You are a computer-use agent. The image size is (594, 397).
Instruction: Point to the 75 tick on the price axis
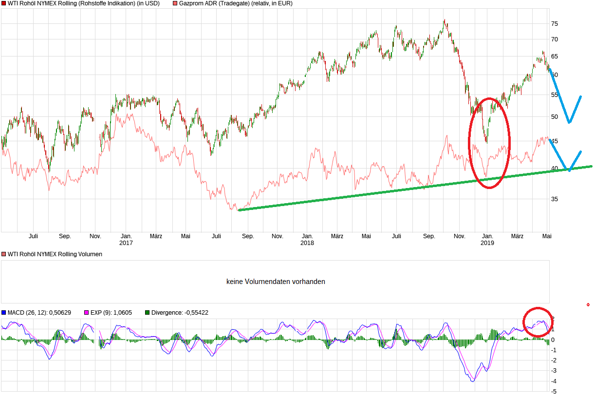(x=554, y=23)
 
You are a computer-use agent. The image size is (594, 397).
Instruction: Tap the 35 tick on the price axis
(x=554, y=199)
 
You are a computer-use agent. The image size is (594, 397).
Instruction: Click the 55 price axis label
(x=554, y=95)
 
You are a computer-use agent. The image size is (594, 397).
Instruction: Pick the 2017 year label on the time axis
(x=126, y=243)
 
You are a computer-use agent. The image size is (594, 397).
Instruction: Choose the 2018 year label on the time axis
(x=307, y=243)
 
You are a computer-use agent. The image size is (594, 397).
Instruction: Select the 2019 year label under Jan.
(x=487, y=243)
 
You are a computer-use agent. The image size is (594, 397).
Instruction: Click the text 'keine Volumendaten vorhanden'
(x=276, y=282)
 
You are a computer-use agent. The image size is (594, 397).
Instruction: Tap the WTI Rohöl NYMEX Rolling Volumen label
(x=55, y=254)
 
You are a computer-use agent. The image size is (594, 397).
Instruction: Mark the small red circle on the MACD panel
(x=538, y=322)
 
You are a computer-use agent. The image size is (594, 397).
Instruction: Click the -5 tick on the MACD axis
(x=555, y=391)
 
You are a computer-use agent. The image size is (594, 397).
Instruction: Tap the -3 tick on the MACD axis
(x=555, y=371)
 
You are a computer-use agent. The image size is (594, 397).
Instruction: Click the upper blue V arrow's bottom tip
(x=569, y=122)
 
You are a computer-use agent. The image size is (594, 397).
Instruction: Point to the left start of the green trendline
(x=239, y=210)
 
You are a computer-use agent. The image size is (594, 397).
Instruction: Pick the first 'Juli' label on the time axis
(x=33, y=236)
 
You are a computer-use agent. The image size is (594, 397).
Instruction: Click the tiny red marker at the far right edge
(x=588, y=305)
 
